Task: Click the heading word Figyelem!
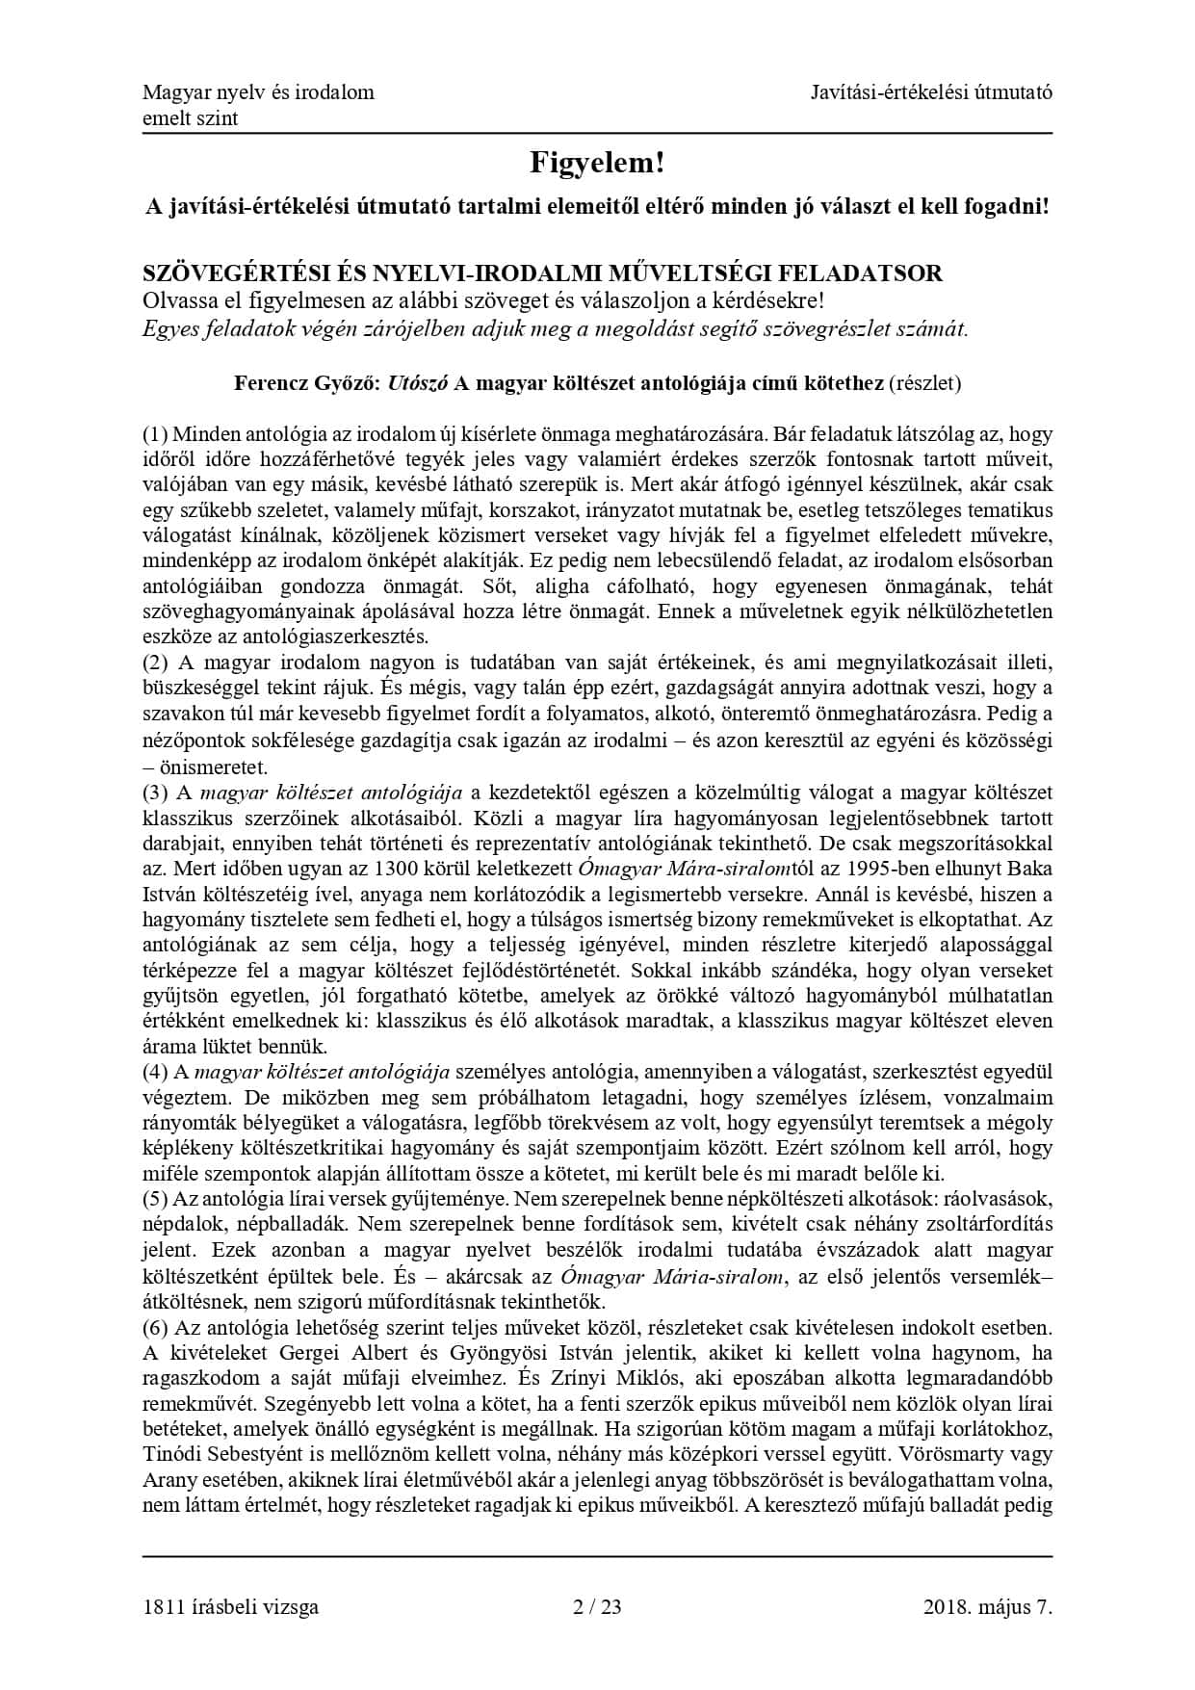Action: (x=597, y=164)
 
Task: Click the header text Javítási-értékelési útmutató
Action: (x=931, y=92)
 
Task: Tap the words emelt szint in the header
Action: (x=190, y=118)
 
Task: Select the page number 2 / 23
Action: (x=597, y=1606)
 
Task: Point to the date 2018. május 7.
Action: (x=987, y=1606)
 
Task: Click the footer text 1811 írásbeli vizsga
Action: (x=230, y=1606)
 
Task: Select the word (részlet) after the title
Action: (x=924, y=383)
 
